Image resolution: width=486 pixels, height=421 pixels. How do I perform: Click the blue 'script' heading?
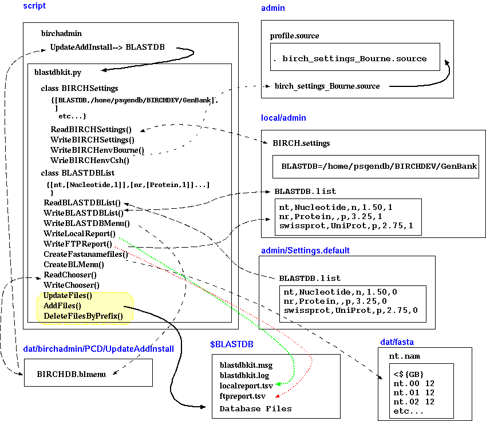point(34,6)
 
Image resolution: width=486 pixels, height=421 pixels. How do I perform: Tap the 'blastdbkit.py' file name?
point(57,73)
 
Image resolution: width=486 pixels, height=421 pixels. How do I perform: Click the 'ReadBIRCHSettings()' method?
point(90,129)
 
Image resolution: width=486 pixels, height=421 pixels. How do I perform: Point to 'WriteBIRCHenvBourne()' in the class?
point(97,150)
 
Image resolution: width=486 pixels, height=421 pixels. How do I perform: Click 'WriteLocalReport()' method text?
point(79,233)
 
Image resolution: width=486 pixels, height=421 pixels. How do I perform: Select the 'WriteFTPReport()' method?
point(78,244)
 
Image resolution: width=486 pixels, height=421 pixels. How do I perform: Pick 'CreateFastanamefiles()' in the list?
point(86,254)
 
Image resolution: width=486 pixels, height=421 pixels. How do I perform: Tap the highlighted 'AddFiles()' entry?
point(62,305)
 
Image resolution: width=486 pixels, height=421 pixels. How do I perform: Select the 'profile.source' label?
point(294,36)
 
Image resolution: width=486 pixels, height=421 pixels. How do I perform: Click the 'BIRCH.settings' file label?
point(301,143)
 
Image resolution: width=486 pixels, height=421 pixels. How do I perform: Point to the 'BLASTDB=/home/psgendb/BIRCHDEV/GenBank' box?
point(379,166)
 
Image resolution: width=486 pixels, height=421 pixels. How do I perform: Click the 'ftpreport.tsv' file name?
point(242,396)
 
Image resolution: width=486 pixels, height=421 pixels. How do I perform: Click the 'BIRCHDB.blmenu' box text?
point(68,374)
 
